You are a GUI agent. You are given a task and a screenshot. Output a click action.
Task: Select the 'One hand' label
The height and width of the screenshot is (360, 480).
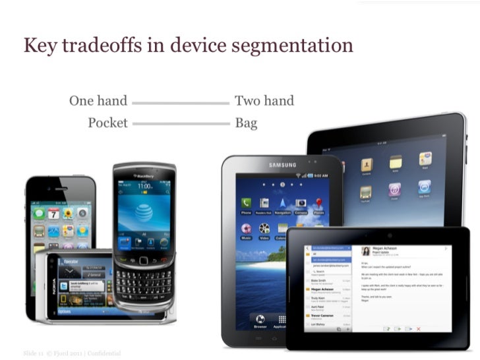(98, 101)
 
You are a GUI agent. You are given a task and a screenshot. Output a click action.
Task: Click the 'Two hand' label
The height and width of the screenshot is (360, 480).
(264, 101)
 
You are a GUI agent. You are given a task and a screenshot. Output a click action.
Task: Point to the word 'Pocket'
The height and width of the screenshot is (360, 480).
(107, 123)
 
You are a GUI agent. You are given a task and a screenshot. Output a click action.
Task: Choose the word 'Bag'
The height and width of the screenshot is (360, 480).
(246, 123)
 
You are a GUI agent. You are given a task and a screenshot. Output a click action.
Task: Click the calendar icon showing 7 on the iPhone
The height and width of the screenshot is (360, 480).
(53, 214)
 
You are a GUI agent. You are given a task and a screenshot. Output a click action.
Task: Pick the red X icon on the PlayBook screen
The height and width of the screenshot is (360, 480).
(418, 328)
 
